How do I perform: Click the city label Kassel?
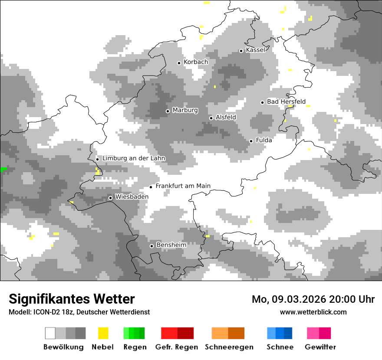coord(255,50)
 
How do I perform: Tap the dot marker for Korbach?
coord(179,63)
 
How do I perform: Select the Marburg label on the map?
coord(185,110)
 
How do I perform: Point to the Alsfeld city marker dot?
coord(211,118)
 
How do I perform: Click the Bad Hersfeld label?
coord(286,101)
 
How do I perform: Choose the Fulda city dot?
coord(251,141)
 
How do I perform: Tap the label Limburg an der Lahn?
coord(134,158)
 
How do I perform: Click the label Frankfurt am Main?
coord(183,186)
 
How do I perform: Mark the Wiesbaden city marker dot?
coord(110,198)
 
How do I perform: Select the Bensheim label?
coord(171,245)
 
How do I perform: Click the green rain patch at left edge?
coord(3,169)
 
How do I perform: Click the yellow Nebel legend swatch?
coord(103,333)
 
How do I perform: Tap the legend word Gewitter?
coord(320,347)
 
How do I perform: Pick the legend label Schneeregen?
coord(229,347)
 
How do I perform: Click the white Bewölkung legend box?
coord(50,333)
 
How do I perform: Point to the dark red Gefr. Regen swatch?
coord(185,333)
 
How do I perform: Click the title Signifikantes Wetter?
coord(72,299)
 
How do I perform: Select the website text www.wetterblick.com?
coord(313,312)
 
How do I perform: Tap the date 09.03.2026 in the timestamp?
coord(300,299)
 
